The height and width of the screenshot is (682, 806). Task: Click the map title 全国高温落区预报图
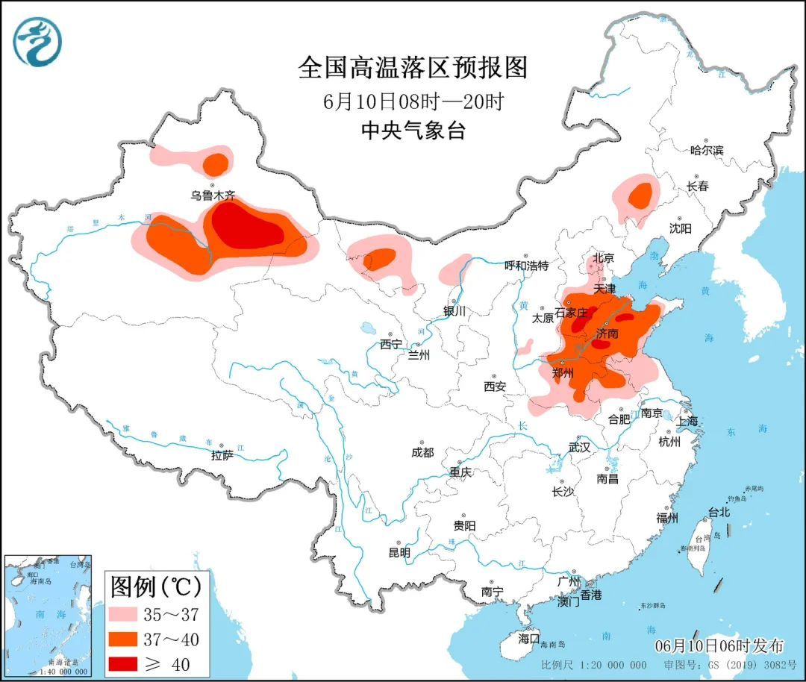pyautogui.click(x=413, y=68)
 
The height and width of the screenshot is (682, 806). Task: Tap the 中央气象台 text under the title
pyautogui.click(x=413, y=131)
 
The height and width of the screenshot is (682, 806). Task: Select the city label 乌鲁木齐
pyautogui.click(x=212, y=195)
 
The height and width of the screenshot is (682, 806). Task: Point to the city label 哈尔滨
pyautogui.click(x=707, y=150)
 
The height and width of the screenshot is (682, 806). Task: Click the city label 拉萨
pyautogui.click(x=222, y=454)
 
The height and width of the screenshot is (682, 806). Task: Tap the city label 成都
pyautogui.click(x=422, y=452)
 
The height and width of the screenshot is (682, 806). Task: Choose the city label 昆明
pyautogui.click(x=399, y=553)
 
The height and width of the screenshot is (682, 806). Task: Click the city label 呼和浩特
pyautogui.click(x=526, y=266)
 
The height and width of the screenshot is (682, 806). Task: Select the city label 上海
pyautogui.click(x=687, y=422)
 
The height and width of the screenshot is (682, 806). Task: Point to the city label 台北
pyautogui.click(x=718, y=513)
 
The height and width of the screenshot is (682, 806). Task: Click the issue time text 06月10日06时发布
pyautogui.click(x=719, y=645)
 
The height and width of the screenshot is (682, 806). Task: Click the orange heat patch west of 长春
pyautogui.click(x=640, y=195)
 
